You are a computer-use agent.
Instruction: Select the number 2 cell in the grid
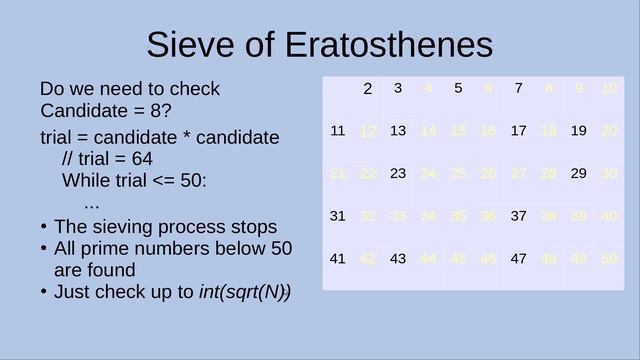[367, 89]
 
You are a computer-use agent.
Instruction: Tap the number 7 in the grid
[518, 88]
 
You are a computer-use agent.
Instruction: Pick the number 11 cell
[337, 130]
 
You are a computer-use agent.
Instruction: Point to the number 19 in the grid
[578, 130]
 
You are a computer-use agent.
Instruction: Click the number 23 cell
[397, 173]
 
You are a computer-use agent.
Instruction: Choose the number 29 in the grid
[578, 173]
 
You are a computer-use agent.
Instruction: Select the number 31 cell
[337, 216]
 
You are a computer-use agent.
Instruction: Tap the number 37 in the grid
[518, 216]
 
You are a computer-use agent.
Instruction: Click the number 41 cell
[337, 259]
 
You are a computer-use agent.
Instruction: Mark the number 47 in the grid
[518, 259]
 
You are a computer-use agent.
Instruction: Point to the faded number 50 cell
[609, 259]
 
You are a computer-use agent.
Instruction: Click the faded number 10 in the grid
[609, 88]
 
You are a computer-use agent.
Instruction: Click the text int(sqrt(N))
[245, 292]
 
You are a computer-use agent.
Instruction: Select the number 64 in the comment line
[142, 159]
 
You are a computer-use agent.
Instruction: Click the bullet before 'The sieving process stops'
[44, 227]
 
